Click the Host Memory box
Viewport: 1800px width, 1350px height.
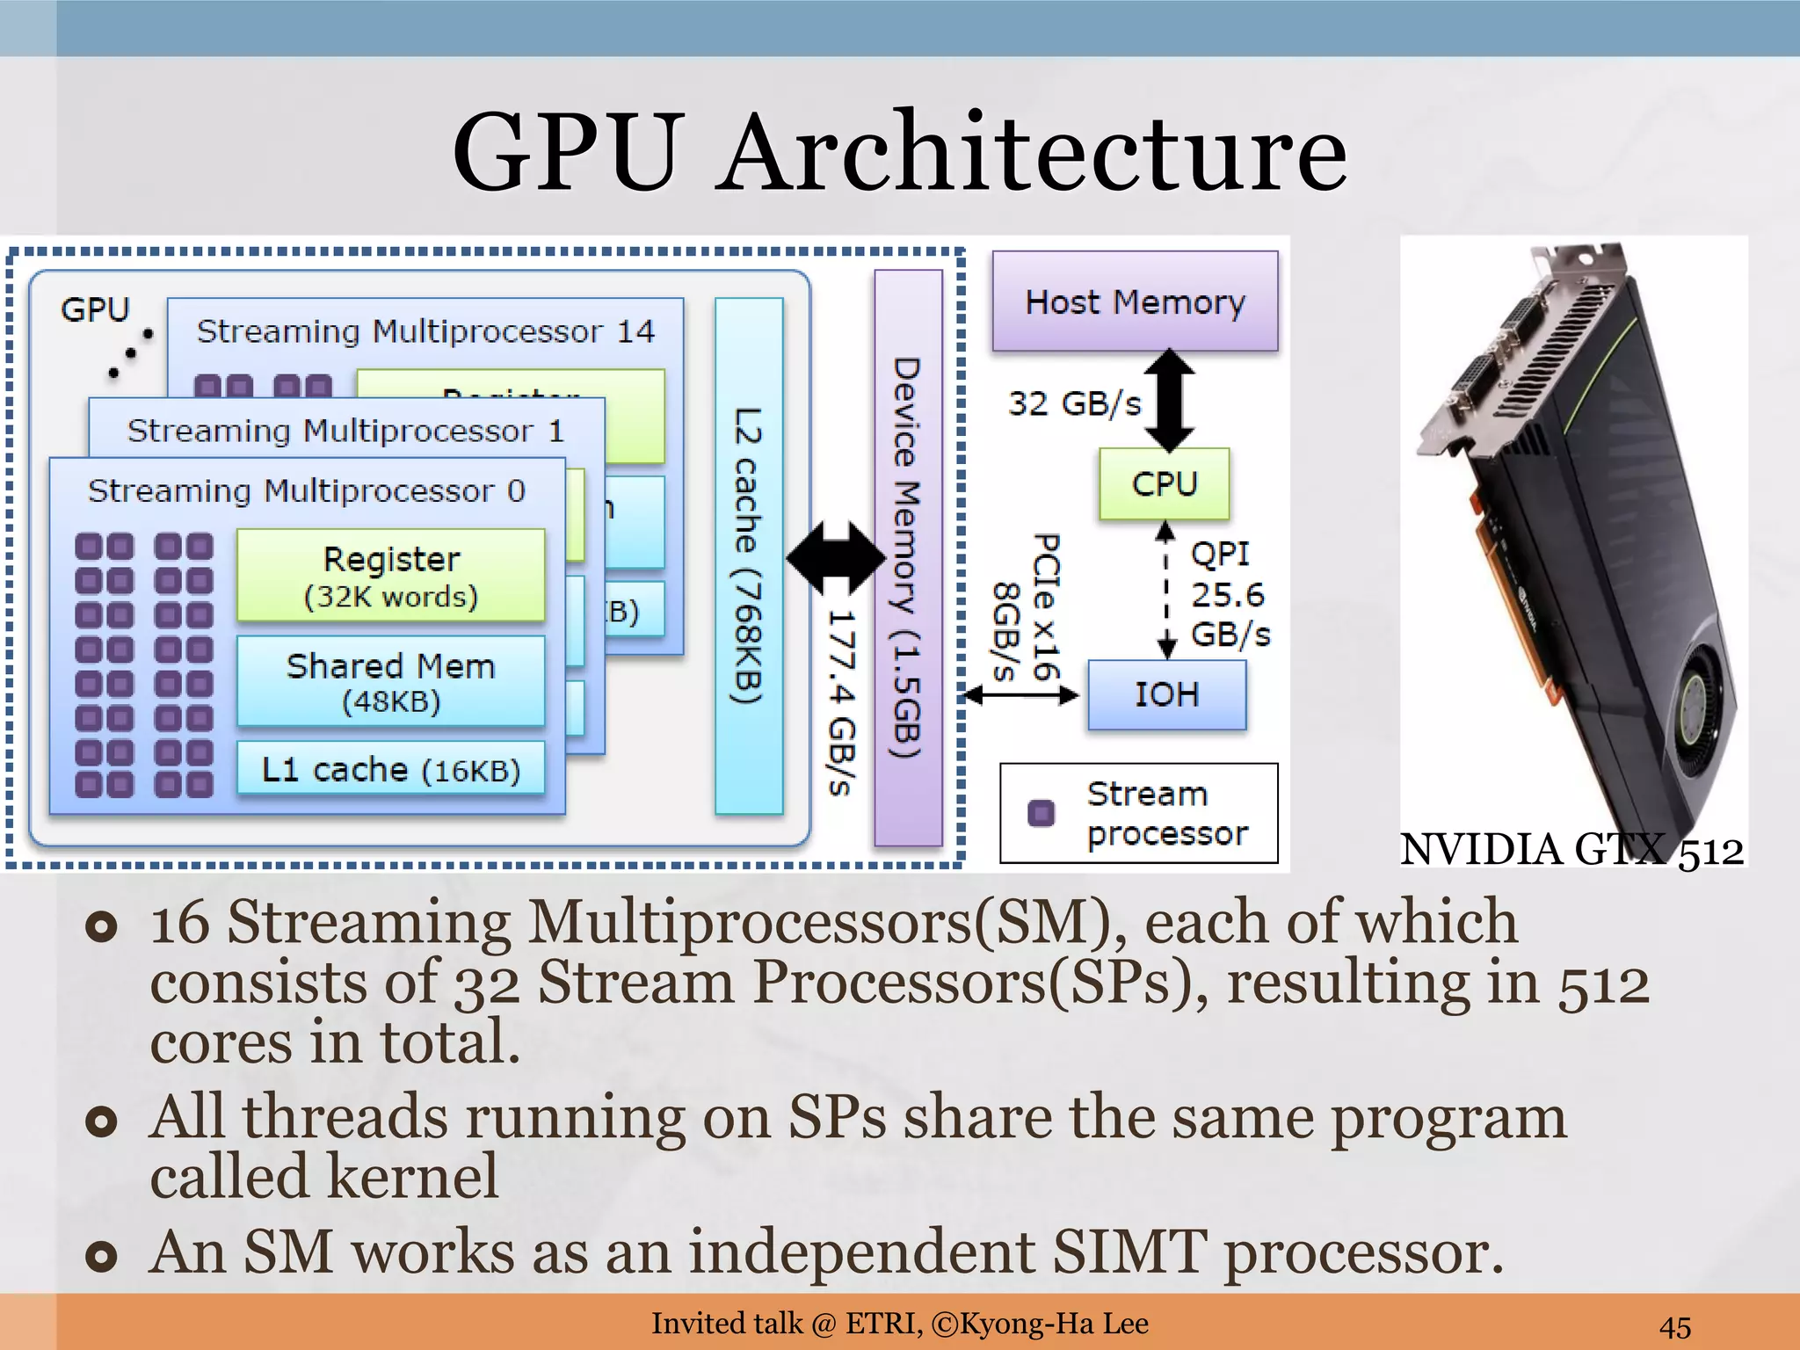pos(1135,301)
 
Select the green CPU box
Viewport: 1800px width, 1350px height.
pos(1164,483)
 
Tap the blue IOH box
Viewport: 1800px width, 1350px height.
pos(1166,694)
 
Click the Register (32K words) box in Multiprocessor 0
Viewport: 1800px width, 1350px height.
pos(391,576)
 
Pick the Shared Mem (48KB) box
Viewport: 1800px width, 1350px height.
pos(391,681)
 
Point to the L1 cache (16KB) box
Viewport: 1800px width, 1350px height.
pos(391,770)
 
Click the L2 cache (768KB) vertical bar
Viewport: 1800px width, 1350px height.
pos(749,555)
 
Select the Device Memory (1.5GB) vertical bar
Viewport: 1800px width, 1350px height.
pos(908,557)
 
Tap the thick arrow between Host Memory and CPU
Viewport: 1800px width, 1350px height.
pos(1169,401)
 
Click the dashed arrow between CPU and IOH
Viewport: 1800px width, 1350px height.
pos(1166,589)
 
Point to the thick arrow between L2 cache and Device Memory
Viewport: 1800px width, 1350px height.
pos(835,557)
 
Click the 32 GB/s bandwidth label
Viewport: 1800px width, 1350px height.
pos(1074,404)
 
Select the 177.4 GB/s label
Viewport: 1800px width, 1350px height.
pos(841,703)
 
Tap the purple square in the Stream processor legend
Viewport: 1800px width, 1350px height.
pos(1042,813)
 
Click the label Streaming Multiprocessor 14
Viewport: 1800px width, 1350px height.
pos(425,331)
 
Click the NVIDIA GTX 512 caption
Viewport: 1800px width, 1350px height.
pos(1571,850)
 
